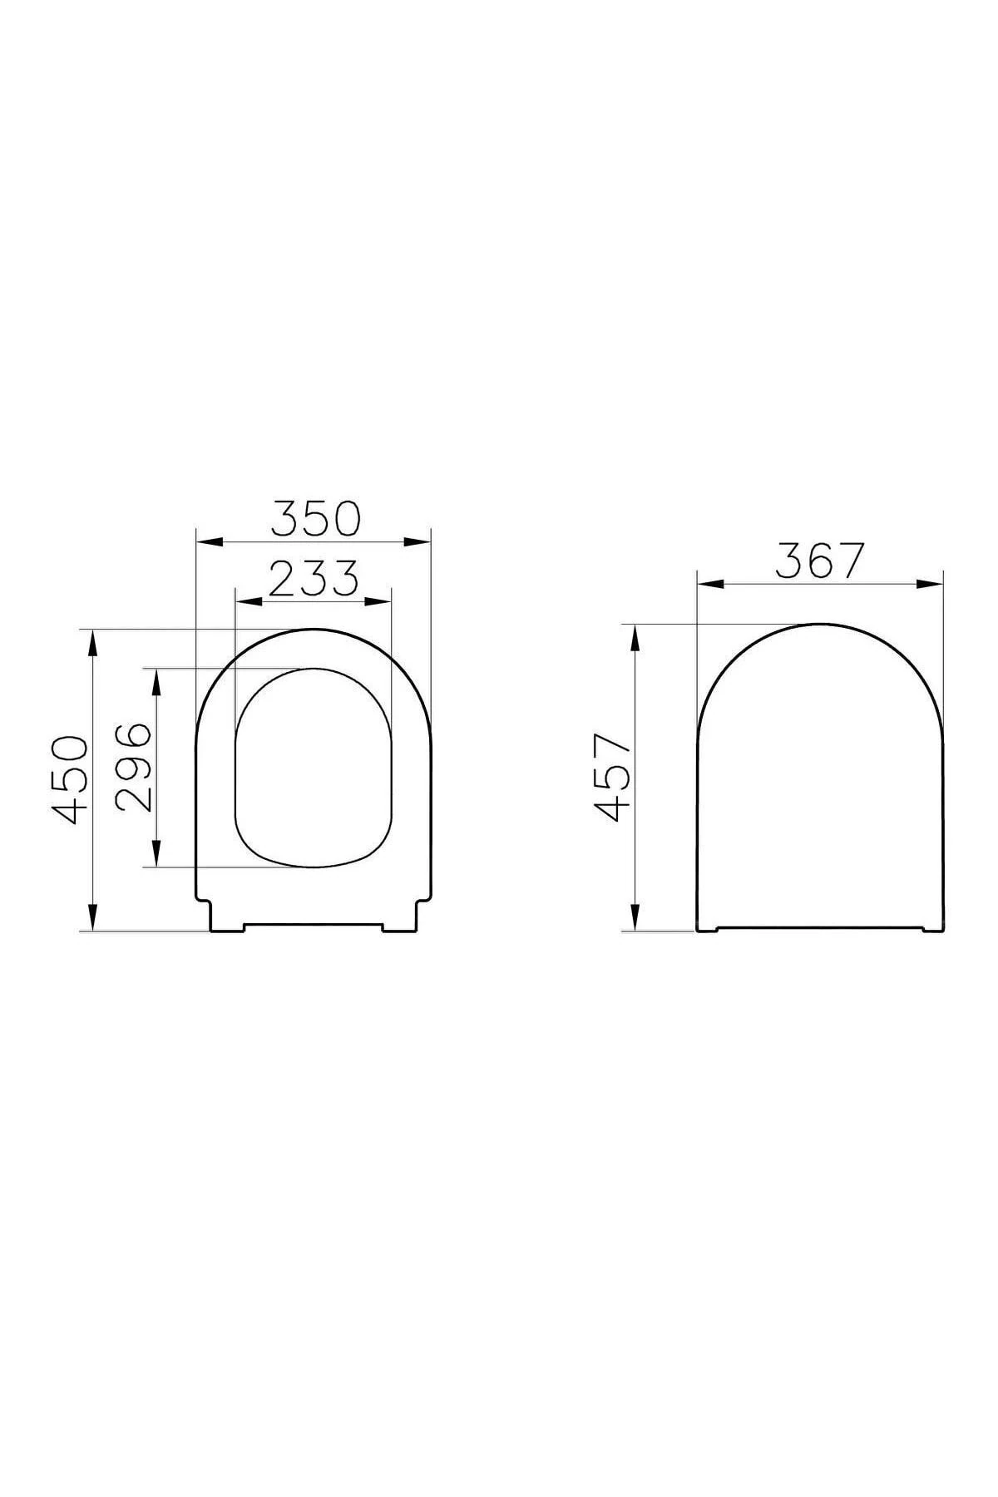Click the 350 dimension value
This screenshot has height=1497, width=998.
pyautogui.click(x=314, y=518)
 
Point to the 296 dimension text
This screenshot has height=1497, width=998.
pyautogui.click(x=133, y=768)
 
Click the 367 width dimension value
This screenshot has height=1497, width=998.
pyautogui.click(x=819, y=561)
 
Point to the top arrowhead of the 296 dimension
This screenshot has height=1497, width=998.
pyautogui.click(x=156, y=679)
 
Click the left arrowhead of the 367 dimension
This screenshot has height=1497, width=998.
pyautogui.click(x=709, y=584)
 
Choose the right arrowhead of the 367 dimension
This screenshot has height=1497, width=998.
pyautogui.click(x=931, y=584)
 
